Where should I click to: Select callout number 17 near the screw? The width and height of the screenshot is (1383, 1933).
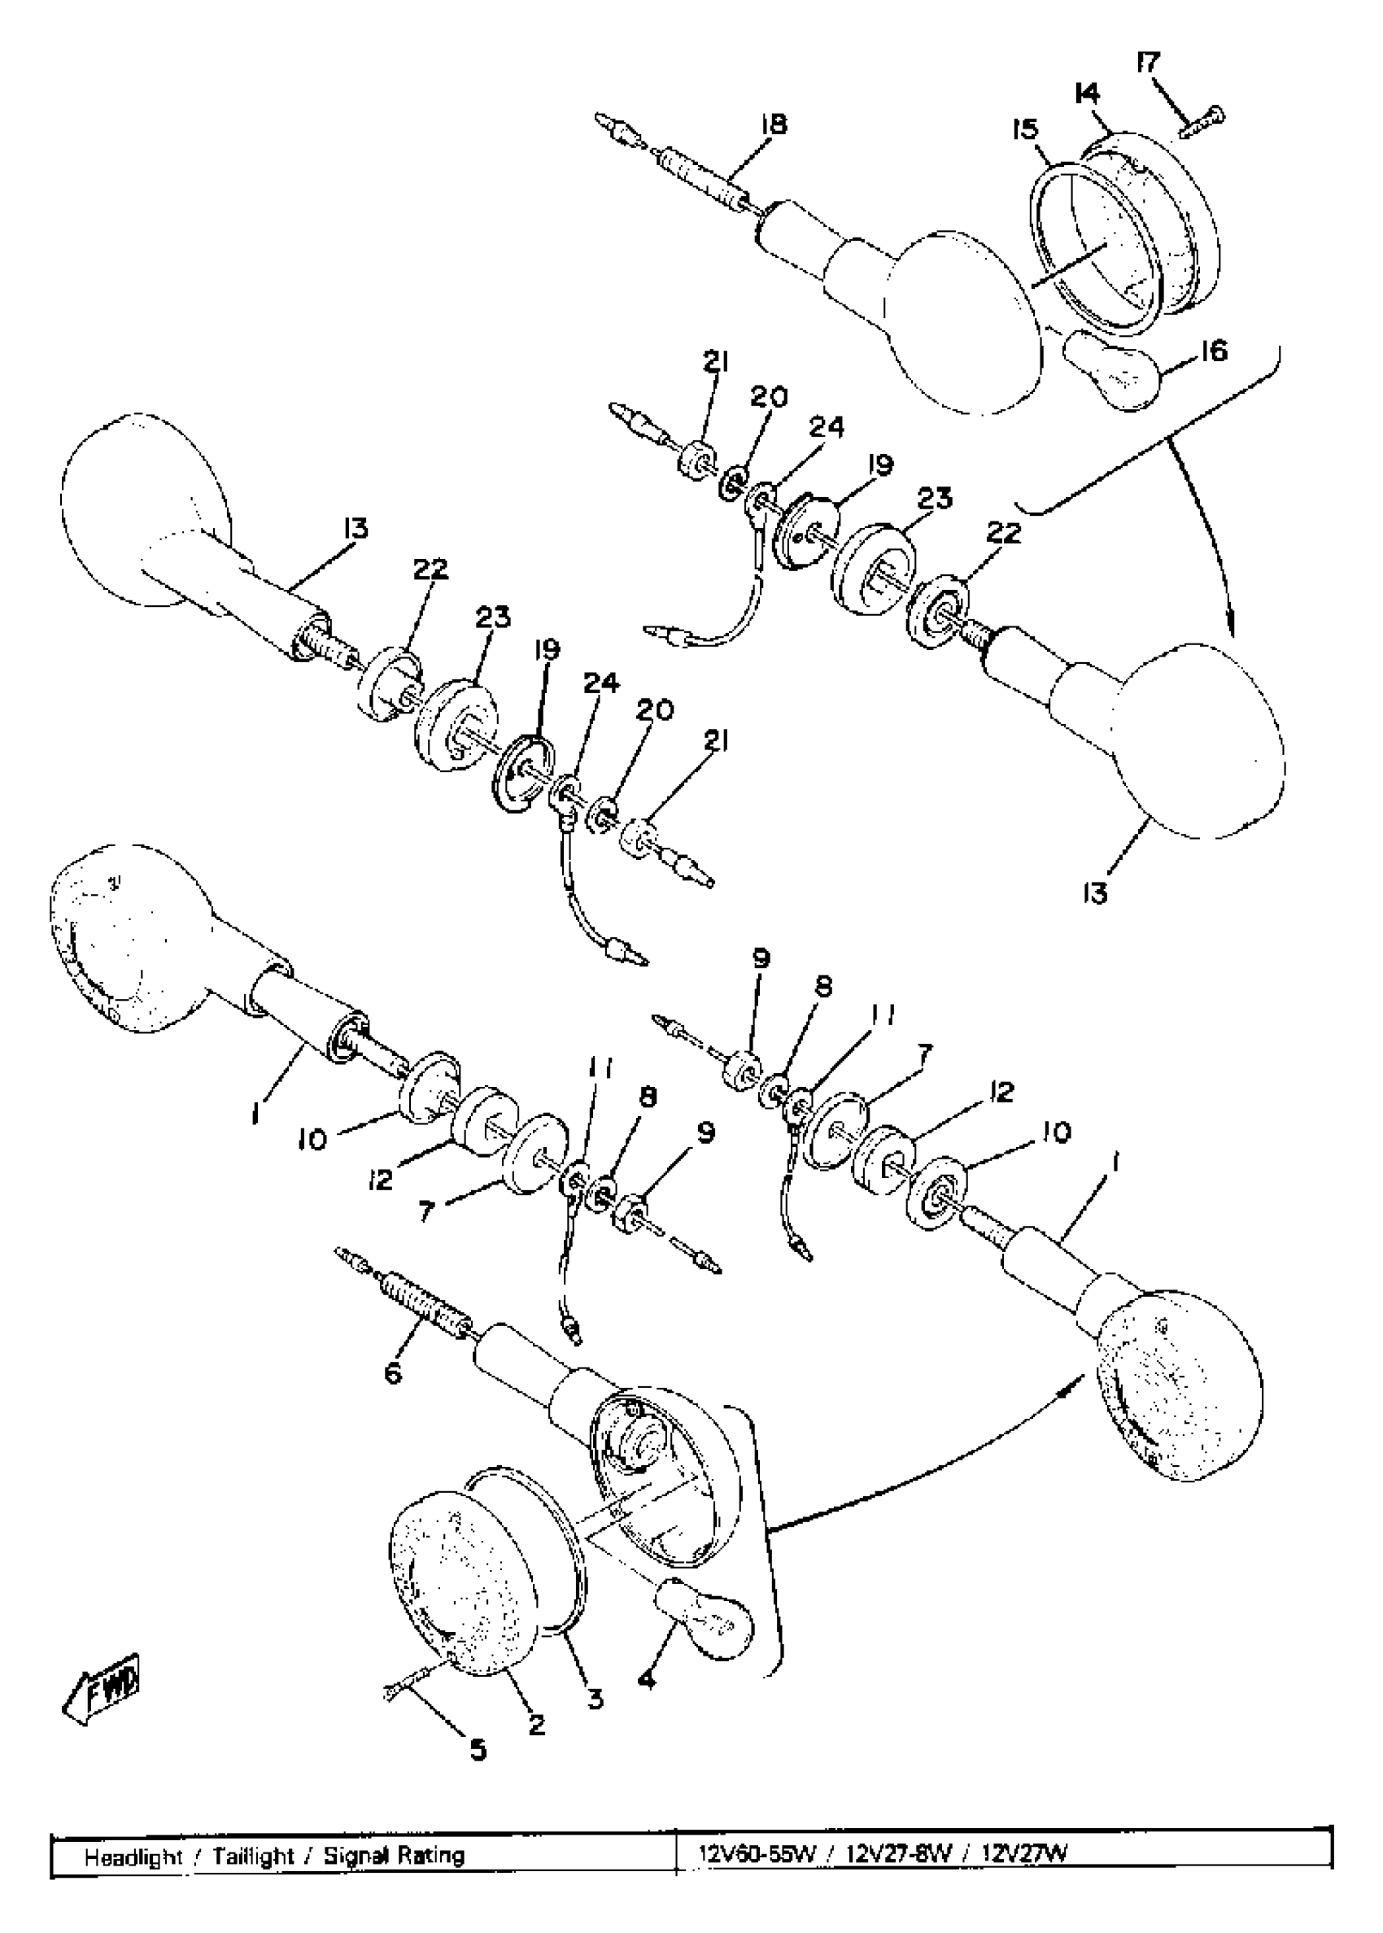point(1148,64)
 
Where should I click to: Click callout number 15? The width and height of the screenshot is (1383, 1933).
point(1026,129)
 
